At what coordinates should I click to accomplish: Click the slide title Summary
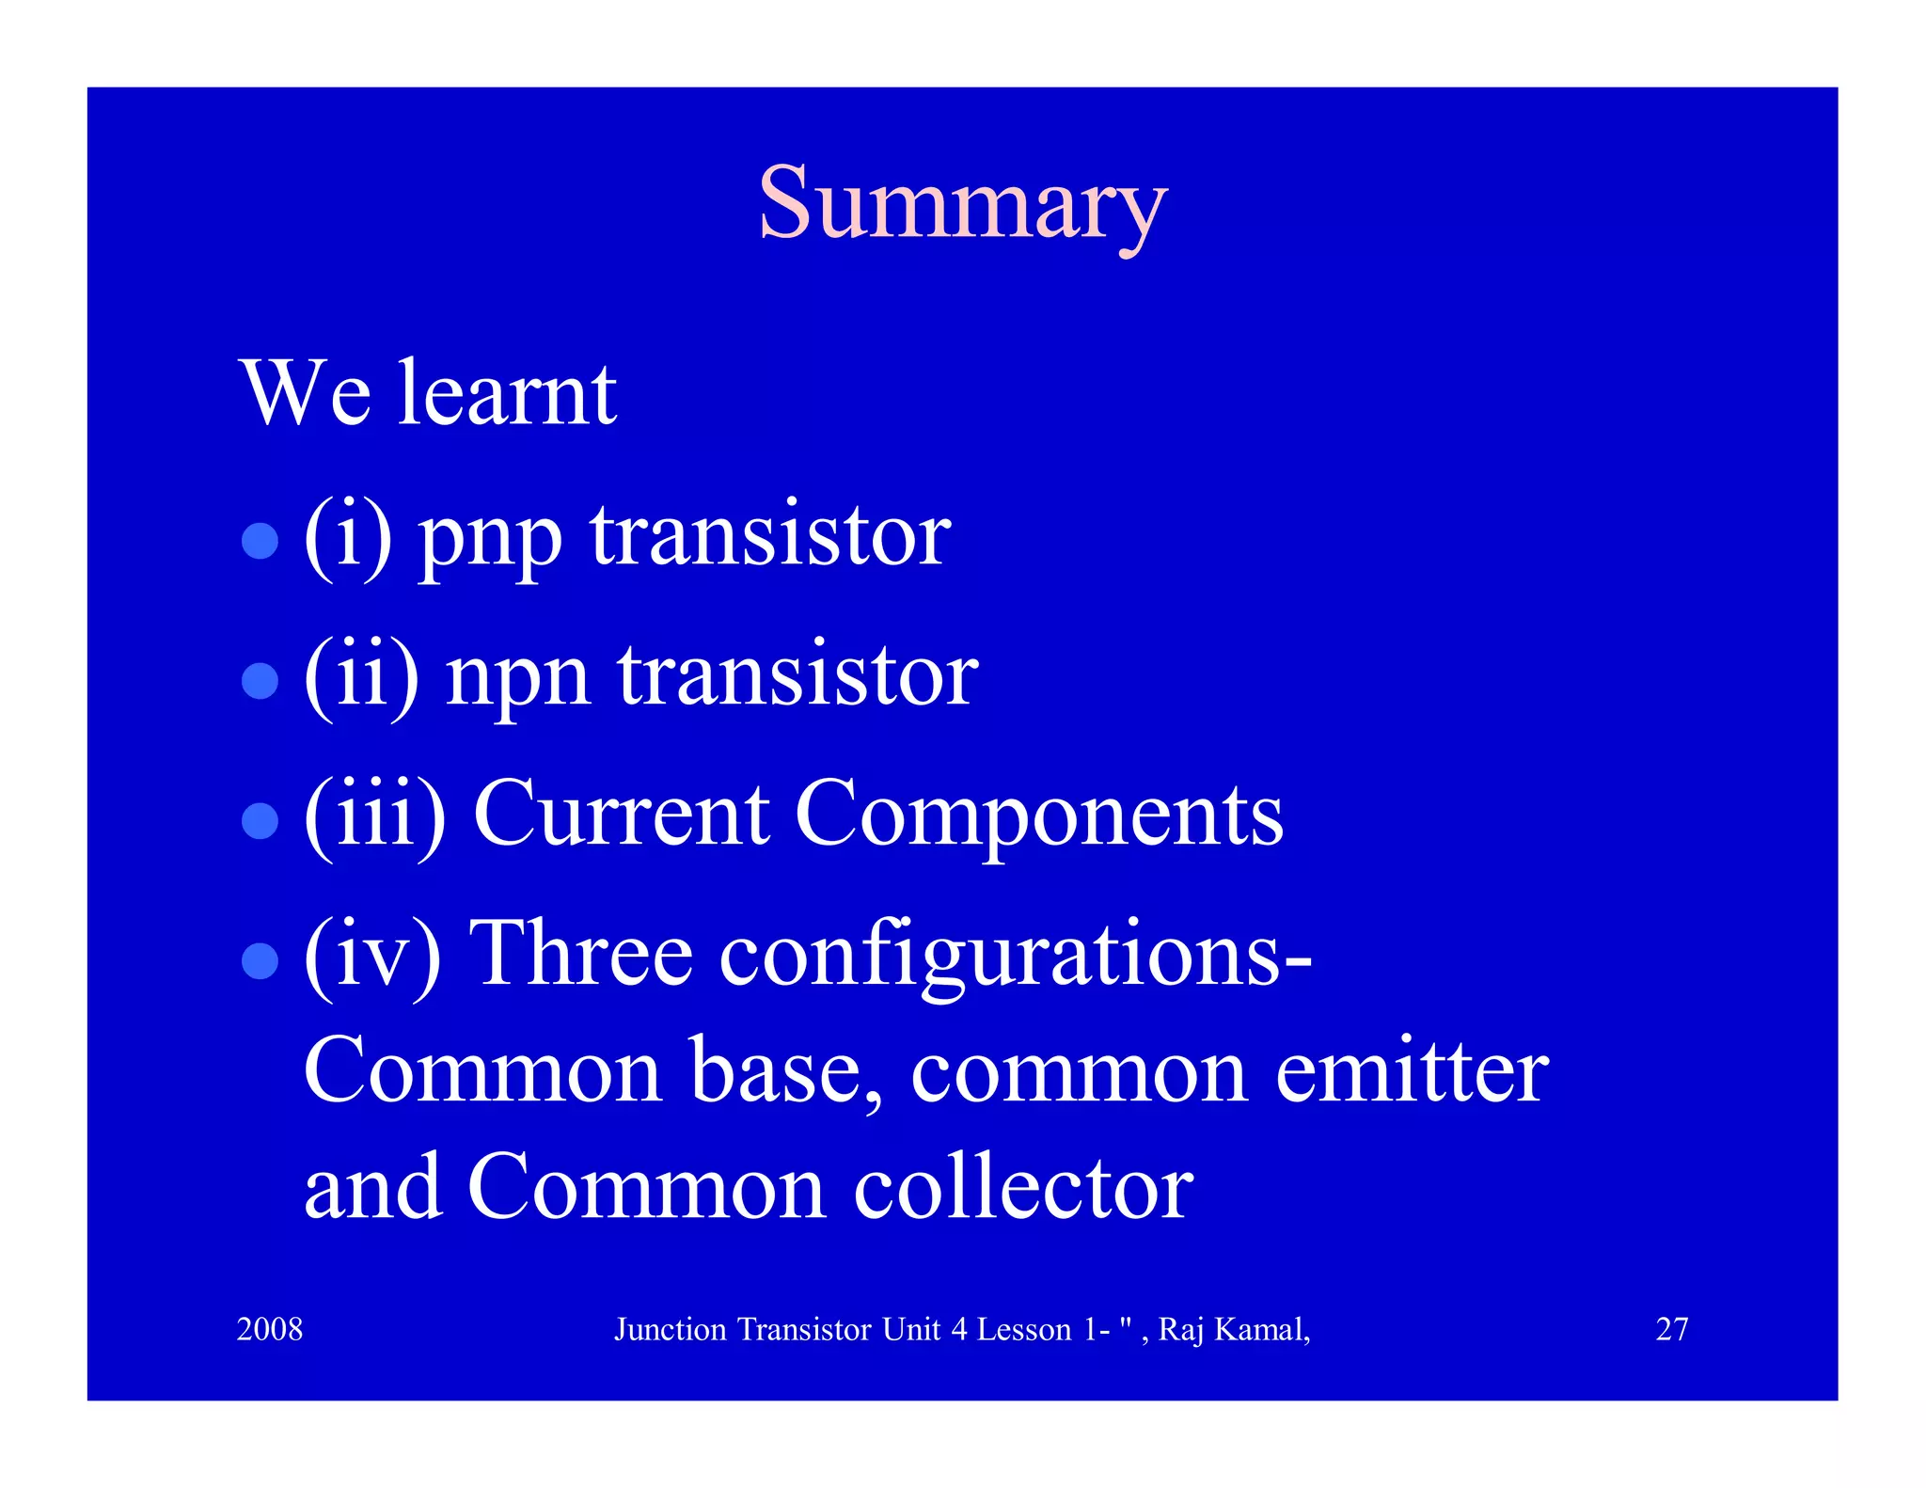tap(962, 205)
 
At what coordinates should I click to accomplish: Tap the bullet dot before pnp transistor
tap(260, 541)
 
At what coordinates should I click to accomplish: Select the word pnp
tap(490, 538)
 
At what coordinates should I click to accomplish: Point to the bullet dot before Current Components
tap(260, 819)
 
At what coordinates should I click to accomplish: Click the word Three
tap(580, 954)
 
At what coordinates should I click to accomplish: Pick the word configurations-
tap(1016, 956)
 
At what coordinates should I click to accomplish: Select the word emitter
tap(1412, 1071)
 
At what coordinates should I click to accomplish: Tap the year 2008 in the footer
tap(270, 1329)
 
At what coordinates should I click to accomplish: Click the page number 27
tap(1671, 1329)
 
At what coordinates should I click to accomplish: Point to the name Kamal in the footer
tap(1262, 1329)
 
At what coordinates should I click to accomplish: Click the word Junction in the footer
tap(670, 1329)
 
